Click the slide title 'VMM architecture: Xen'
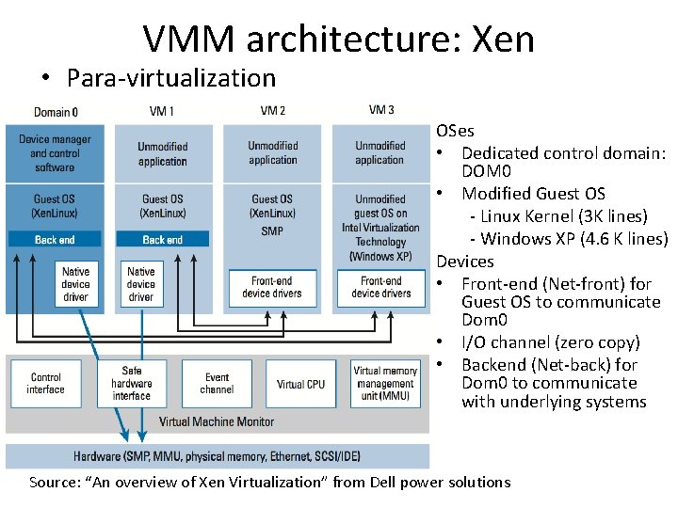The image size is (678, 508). click(x=339, y=39)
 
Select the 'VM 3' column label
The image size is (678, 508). click(x=381, y=110)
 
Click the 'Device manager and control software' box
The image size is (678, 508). click(x=54, y=153)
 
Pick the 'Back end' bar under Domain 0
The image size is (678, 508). click(x=55, y=239)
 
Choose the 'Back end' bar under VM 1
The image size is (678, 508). click(x=162, y=239)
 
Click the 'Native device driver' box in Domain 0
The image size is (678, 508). click(x=75, y=284)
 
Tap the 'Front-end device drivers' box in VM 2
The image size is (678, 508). click(x=272, y=287)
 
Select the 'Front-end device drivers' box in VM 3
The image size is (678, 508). click(x=380, y=287)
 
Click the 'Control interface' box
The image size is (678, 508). click(x=45, y=383)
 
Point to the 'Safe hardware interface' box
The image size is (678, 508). click(x=132, y=383)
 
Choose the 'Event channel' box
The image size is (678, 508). click(x=217, y=383)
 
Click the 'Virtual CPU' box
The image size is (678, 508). click(x=300, y=384)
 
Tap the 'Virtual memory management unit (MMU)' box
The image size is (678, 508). click(x=385, y=383)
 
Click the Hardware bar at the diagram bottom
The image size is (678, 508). click(x=217, y=457)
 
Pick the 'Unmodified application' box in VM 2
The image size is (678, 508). click(x=273, y=153)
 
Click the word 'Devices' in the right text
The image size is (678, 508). click(x=465, y=262)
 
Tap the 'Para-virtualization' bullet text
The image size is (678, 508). click(x=170, y=78)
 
